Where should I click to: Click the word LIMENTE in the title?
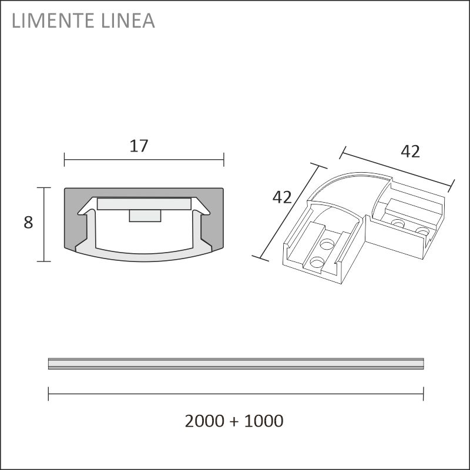53,21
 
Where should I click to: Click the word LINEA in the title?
128,21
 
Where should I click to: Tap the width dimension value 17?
139,146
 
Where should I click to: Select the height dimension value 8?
28,223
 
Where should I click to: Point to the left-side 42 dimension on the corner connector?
282,197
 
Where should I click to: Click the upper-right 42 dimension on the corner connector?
410,152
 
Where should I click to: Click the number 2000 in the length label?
204,421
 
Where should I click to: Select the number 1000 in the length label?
264,421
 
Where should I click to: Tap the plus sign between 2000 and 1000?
234,421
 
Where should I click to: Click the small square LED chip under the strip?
145,216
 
